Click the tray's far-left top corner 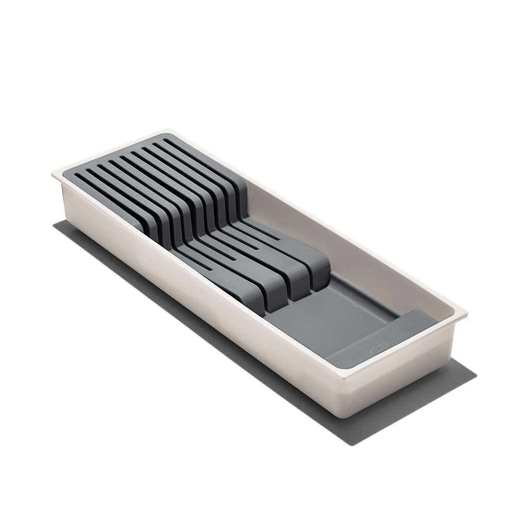point(53,174)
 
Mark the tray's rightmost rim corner point(467,313)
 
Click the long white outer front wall point(196,288)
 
